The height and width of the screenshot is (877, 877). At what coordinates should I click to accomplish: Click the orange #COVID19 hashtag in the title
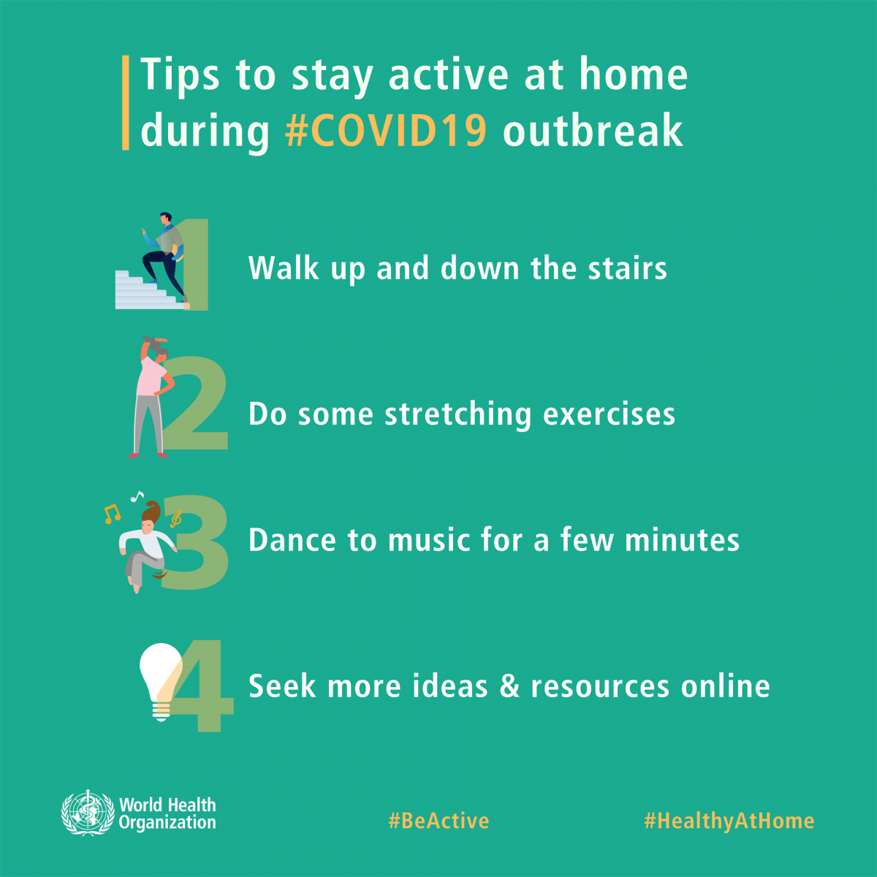tap(386, 131)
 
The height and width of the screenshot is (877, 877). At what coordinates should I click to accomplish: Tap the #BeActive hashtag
tap(438, 821)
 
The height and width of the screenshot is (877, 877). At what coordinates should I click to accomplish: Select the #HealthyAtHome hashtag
tap(729, 821)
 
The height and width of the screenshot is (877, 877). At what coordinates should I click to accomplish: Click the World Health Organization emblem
tap(88, 813)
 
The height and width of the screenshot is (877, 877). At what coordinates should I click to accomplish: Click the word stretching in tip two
tap(458, 414)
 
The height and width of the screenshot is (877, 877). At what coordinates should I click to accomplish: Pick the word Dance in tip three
tap(292, 540)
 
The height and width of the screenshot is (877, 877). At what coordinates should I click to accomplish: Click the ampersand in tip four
tap(509, 686)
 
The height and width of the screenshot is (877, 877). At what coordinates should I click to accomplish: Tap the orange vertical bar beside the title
tap(126, 103)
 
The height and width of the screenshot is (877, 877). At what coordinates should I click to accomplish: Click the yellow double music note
tap(112, 514)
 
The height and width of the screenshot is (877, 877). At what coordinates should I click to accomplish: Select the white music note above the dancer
tap(137, 496)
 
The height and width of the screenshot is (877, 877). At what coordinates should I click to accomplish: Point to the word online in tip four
tap(726, 686)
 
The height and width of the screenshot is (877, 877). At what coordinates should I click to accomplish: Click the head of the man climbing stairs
tap(166, 218)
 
